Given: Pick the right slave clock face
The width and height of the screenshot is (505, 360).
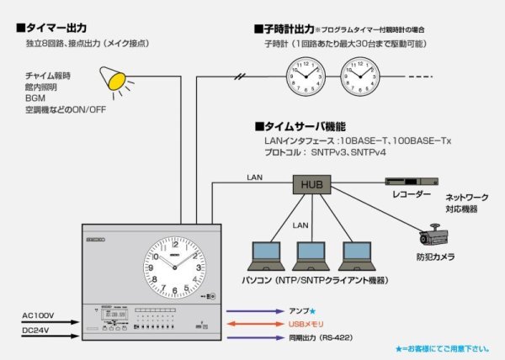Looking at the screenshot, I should tap(361, 77).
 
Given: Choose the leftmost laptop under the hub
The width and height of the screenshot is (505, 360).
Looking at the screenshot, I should tap(270, 255).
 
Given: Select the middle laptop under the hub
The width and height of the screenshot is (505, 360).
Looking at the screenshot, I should tap(314, 255).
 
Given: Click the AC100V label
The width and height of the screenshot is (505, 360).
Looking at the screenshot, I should tap(39, 315).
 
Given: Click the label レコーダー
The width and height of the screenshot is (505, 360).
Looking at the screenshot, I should tap(412, 194).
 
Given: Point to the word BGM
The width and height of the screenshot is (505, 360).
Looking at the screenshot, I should tap(35, 98).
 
